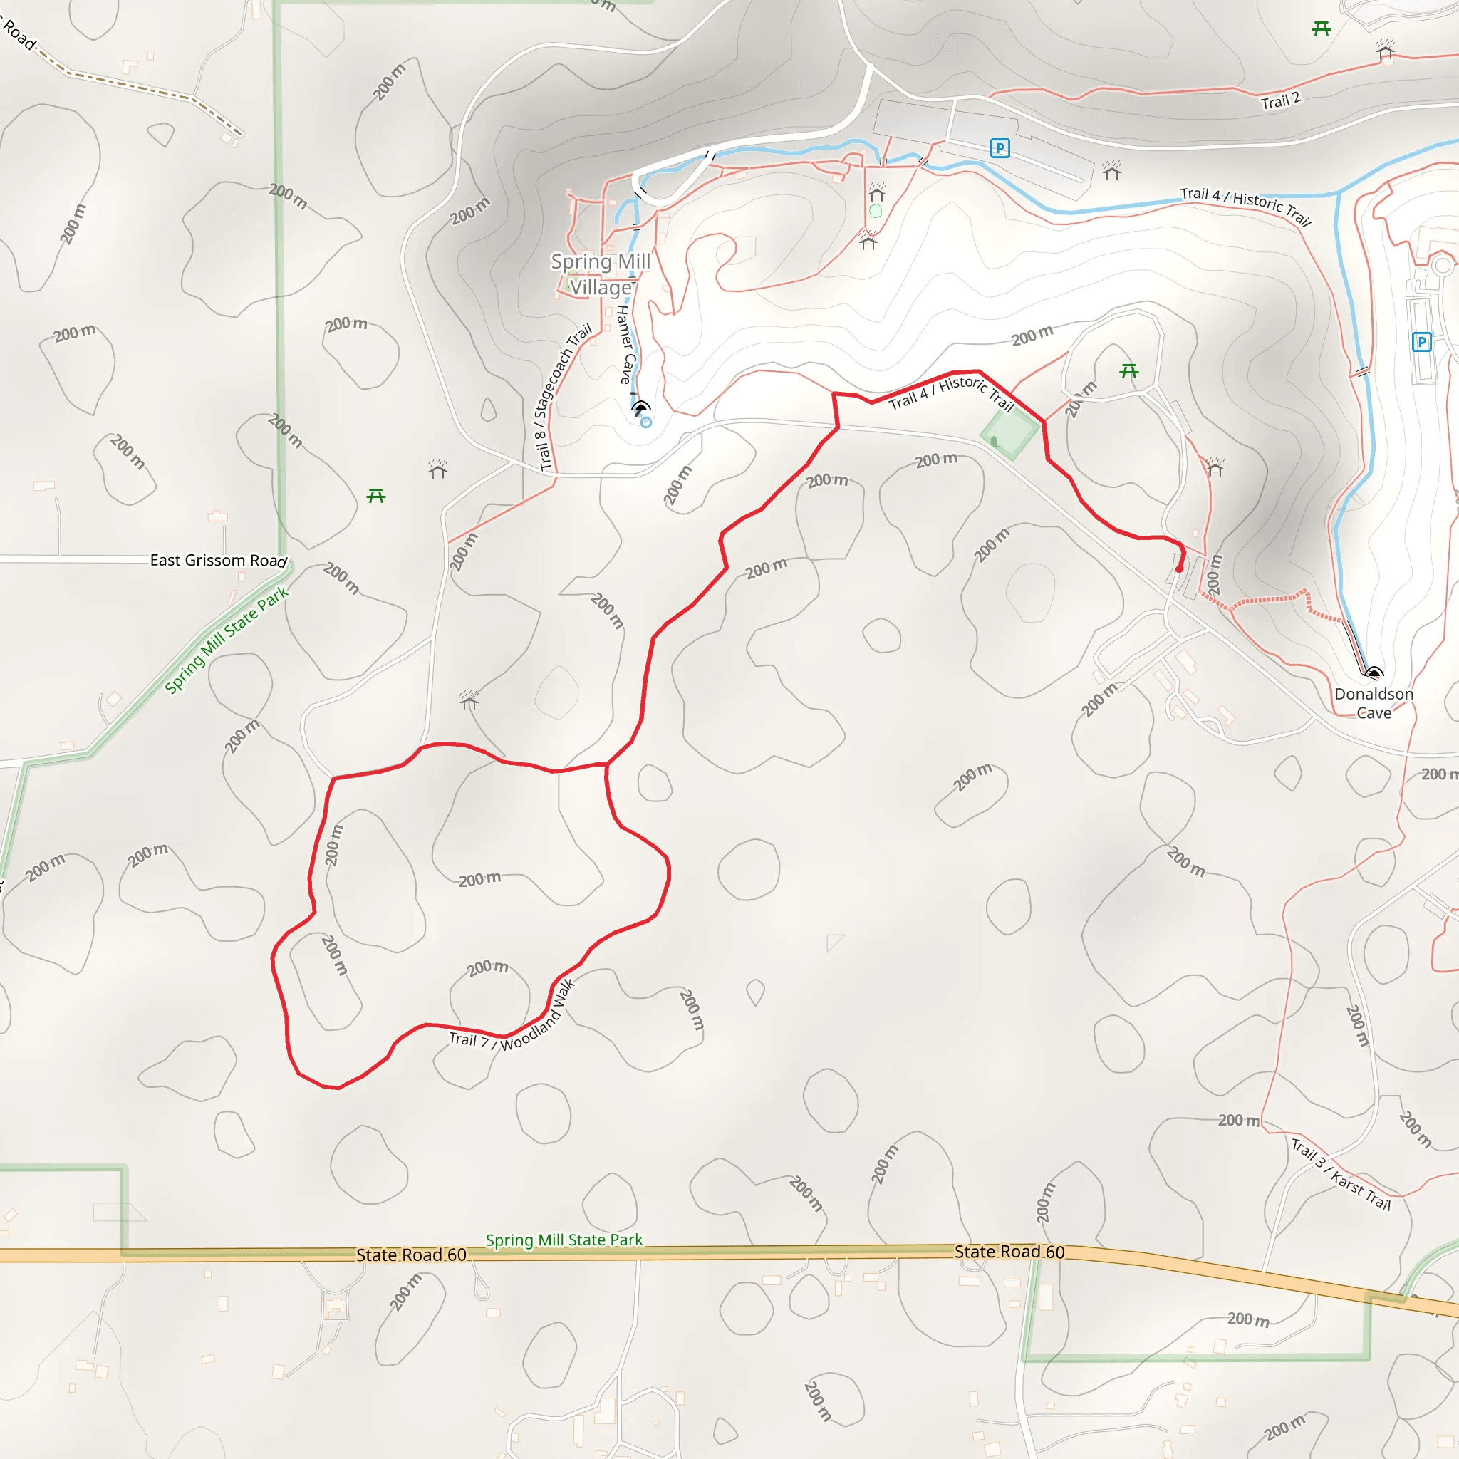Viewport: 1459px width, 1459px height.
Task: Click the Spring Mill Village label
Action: (601, 274)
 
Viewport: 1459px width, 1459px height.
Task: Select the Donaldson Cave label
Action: (1374, 703)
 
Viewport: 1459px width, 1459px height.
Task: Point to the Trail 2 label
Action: (1281, 100)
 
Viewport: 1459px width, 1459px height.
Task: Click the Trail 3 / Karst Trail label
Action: (1341, 1174)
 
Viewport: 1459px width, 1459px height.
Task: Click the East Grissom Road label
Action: (218, 561)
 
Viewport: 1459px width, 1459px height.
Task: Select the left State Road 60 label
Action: (411, 1255)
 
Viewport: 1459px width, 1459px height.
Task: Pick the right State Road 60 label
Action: (1009, 1251)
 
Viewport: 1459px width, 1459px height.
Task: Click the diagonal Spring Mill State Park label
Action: (227, 640)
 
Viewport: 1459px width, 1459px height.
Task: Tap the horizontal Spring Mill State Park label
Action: (564, 1240)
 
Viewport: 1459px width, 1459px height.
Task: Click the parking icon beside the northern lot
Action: (1000, 148)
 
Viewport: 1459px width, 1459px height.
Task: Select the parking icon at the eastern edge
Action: (1421, 342)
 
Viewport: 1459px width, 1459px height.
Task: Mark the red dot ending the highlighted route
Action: (1179, 569)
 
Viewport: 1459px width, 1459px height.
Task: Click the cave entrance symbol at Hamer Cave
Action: (640, 408)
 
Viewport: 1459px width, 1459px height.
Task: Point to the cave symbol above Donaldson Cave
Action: (1374, 672)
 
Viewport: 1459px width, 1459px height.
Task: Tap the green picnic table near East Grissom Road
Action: (376, 495)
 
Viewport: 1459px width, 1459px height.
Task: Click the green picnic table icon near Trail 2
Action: (1321, 28)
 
